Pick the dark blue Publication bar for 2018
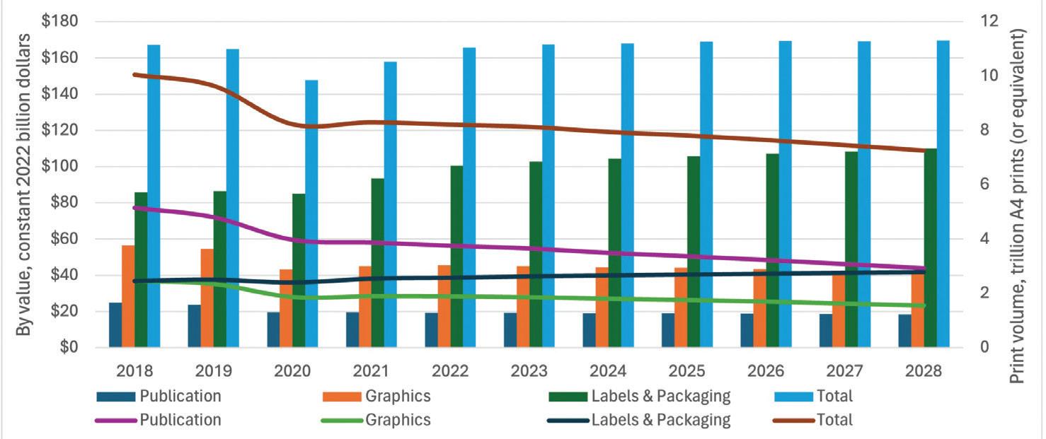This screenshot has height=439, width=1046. pyautogui.click(x=115, y=324)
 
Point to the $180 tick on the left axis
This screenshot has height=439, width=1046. pyautogui.click(x=65, y=22)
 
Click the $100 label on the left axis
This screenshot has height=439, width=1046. pyautogui.click(x=65, y=167)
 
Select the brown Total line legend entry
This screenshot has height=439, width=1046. pyautogui.click(x=814, y=419)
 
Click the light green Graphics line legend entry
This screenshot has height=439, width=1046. pyautogui.click(x=376, y=419)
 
